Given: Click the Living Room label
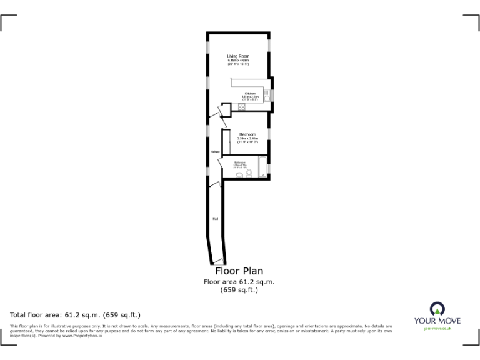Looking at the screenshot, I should click(237, 56).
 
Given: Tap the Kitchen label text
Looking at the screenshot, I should click(250, 94).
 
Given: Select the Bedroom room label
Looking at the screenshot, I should click(247, 134).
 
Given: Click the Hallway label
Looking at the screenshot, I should click(214, 151).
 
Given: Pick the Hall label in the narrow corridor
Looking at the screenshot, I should click(216, 219).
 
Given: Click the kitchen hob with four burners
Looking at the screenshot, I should click(242, 107).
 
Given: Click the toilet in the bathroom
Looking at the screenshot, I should click(249, 174).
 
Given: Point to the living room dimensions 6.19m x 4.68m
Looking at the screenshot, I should click(238, 61).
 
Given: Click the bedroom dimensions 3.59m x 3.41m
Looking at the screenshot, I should click(247, 138).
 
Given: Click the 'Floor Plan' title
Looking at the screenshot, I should click(239, 271).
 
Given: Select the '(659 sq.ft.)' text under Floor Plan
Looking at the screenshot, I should click(239, 289).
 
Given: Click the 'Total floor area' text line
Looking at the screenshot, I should click(75, 314).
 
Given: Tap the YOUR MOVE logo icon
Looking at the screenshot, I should click(437, 309).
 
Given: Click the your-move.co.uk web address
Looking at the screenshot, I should click(437, 328).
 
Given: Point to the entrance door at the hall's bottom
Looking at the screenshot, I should click(217, 260).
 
